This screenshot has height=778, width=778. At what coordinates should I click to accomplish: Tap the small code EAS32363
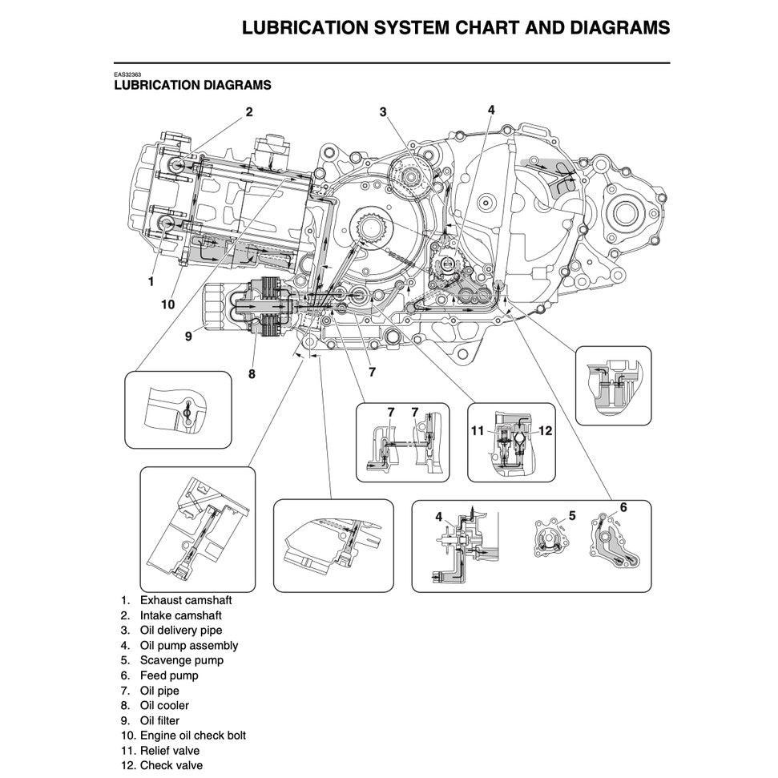pyautogui.click(x=128, y=75)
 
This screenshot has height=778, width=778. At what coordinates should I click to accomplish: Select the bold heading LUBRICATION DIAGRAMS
pyautogui.click(x=192, y=85)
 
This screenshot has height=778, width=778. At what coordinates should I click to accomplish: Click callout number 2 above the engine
pyautogui.click(x=249, y=112)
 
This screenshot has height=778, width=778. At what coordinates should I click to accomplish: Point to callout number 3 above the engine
pyautogui.click(x=383, y=112)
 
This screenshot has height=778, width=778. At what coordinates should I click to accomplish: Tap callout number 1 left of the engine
pyautogui.click(x=151, y=281)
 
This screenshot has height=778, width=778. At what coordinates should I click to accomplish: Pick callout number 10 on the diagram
pyautogui.click(x=167, y=304)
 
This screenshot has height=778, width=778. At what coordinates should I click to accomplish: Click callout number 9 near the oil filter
pyautogui.click(x=188, y=337)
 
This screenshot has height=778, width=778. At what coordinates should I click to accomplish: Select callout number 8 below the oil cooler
pyautogui.click(x=252, y=372)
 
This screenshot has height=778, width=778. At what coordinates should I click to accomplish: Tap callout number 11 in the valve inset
pyautogui.click(x=478, y=431)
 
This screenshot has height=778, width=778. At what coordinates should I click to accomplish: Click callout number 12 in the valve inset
pyautogui.click(x=546, y=431)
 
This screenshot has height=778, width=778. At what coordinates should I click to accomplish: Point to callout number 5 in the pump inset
pyautogui.click(x=572, y=515)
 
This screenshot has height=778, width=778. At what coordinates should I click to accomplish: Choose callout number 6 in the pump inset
pyautogui.click(x=623, y=506)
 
